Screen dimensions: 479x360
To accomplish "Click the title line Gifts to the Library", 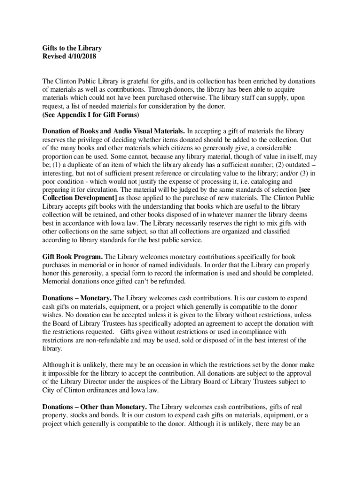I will (x=72, y=48).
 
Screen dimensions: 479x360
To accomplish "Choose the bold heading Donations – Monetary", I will (x=77, y=298).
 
